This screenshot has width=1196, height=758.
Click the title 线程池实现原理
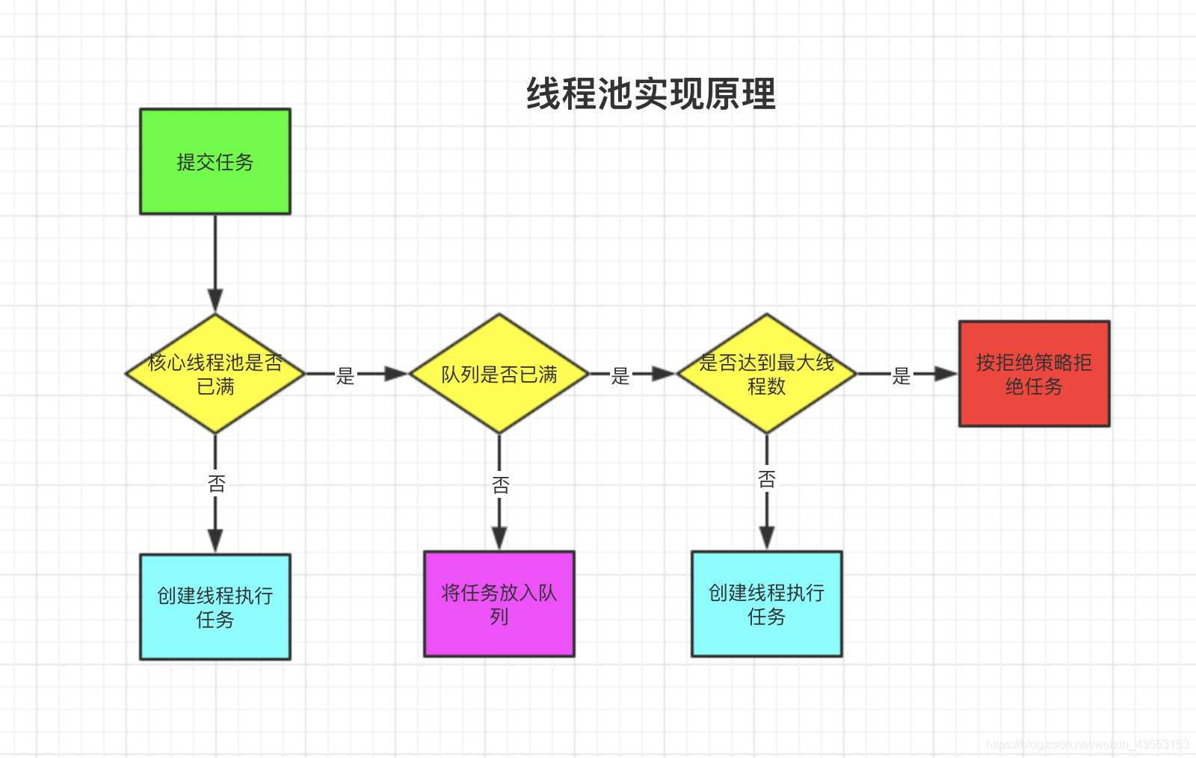point(650,94)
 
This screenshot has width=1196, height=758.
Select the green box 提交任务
point(215,161)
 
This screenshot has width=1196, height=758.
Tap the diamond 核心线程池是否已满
point(215,374)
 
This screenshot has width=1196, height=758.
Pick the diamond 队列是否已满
point(499,374)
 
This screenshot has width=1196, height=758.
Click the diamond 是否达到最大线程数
point(766,374)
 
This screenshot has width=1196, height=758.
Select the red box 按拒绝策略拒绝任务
point(1034,374)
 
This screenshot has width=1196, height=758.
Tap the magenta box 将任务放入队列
point(499,604)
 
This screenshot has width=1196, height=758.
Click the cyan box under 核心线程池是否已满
point(215,607)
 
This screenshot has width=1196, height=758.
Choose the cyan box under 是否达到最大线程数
point(766,604)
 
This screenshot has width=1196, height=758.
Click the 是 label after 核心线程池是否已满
point(345,375)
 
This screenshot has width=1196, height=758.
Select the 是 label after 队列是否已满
point(620,375)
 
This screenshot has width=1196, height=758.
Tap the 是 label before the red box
point(901,375)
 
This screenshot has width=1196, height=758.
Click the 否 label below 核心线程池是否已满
point(216,484)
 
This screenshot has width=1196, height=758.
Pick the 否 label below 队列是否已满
point(500,485)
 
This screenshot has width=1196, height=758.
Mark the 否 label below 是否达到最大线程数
point(767,479)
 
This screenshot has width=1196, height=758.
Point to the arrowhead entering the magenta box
point(499,538)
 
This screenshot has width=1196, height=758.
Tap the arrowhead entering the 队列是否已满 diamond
point(396,374)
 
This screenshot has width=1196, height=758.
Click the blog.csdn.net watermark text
point(1087,745)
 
